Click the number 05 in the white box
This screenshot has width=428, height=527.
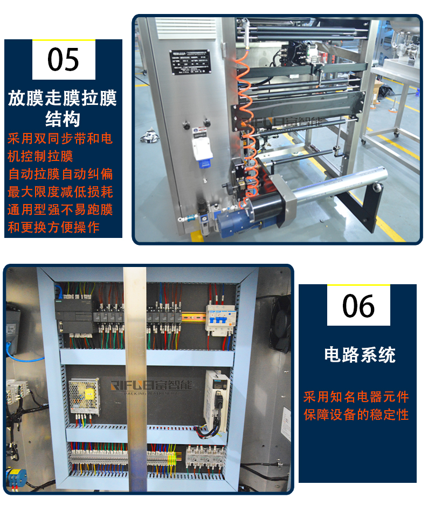click(64, 59)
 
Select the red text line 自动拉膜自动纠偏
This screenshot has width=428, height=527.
click(60, 174)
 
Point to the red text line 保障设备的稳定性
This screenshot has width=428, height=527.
click(356, 415)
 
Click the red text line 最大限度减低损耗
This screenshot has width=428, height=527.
click(60, 192)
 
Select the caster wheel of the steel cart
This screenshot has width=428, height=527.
click(363, 142)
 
